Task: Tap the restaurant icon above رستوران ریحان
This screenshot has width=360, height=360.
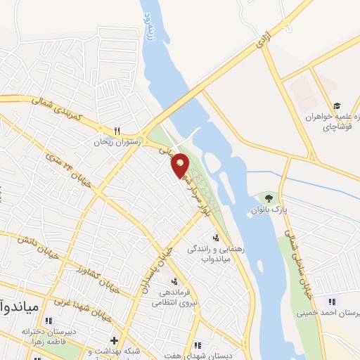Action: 117,130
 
